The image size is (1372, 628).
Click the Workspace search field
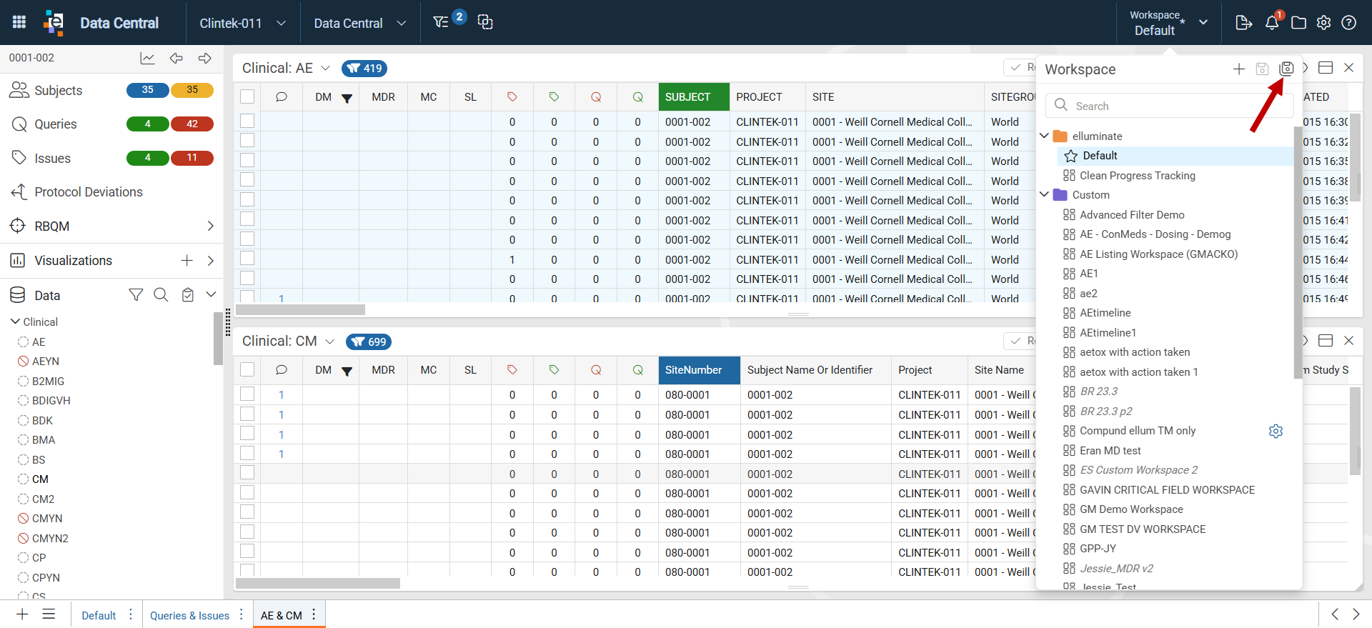1169,106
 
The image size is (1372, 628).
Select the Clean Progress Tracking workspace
1137,176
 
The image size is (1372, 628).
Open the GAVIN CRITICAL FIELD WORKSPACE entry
1167,490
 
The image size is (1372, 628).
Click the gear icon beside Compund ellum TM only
1276,431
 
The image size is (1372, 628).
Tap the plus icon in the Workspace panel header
1239,69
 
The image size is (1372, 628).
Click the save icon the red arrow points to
1286,68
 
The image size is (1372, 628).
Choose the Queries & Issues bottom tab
189,615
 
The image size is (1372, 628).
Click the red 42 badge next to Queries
192,124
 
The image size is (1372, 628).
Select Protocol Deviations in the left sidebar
89,192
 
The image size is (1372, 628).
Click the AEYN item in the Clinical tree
46,362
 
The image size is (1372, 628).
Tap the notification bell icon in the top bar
1272,23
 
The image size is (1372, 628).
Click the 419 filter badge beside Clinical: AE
364,69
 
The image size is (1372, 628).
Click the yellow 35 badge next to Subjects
192,90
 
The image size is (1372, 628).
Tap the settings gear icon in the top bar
1323,23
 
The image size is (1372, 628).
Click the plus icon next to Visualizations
187,261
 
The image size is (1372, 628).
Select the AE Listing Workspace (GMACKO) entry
1158,254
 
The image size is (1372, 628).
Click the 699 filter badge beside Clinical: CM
369,342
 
